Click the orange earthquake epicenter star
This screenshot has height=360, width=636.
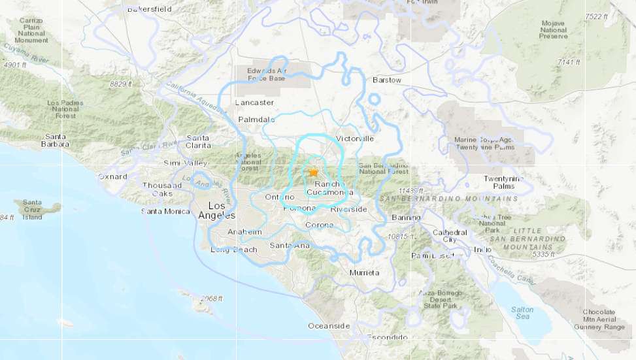click(313, 172)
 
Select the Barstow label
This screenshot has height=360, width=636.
click(386, 80)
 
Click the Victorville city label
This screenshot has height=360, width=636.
click(354, 139)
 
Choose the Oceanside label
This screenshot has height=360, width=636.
click(329, 325)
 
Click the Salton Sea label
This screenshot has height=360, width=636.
click(522, 313)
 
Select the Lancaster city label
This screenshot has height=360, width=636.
click(255, 103)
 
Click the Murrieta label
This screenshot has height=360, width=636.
click(364, 272)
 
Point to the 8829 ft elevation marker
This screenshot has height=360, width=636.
click(121, 84)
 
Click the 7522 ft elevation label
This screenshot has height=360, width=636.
click(597, 16)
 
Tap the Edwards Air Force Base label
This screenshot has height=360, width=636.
click(266, 74)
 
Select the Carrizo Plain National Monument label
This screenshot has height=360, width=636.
click(31, 30)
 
